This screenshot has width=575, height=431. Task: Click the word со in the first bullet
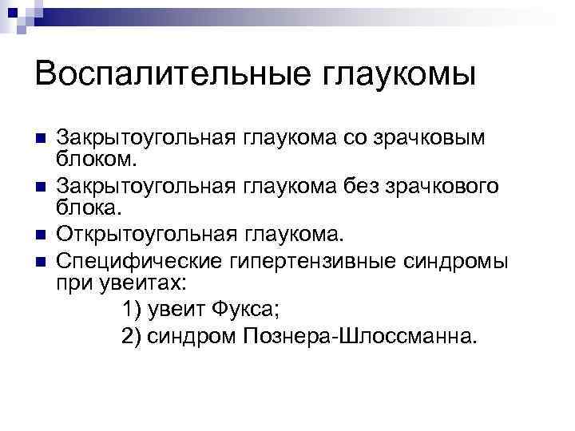tap(355, 136)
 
